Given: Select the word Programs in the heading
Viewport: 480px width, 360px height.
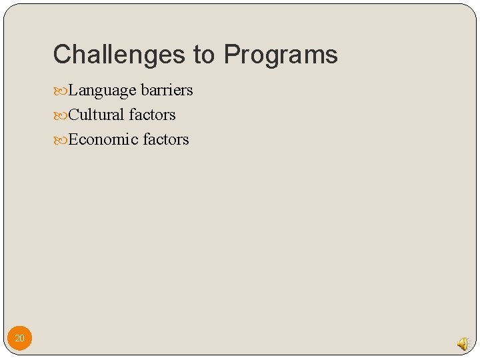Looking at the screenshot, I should pos(281,55).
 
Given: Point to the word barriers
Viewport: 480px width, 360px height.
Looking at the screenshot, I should pos(167,90).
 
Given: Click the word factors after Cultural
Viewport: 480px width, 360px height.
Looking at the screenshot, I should pos(152,115).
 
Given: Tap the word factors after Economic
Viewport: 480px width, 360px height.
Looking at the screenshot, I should pos(166,139).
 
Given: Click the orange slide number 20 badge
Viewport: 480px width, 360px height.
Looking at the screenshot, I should pos(19,339).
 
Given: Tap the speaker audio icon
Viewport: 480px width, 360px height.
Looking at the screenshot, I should pos(463,343).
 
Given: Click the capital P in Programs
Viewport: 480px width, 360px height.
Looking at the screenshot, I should pos(232,55).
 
